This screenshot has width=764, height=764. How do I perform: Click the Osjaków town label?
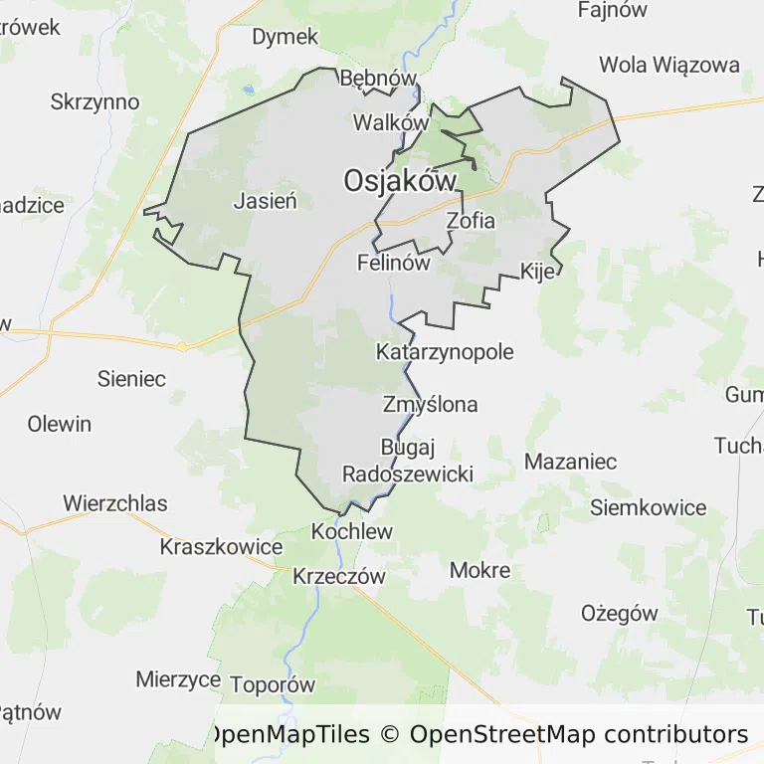point(400,181)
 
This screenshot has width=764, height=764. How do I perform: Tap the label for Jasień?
point(266,201)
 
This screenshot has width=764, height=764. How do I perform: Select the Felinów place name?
point(394,264)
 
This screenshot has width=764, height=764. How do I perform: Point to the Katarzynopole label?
point(445,352)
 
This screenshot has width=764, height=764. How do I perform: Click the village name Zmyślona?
point(430,405)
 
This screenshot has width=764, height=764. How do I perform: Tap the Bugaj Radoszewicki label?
point(408,461)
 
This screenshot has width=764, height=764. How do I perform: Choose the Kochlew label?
point(352,531)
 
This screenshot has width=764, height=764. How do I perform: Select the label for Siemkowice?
point(648,507)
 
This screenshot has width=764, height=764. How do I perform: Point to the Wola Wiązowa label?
point(669,66)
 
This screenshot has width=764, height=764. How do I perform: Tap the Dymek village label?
point(285,37)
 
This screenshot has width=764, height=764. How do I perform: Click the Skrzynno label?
point(95,102)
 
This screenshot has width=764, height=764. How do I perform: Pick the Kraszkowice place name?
point(221,547)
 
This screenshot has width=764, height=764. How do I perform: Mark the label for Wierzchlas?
point(115,503)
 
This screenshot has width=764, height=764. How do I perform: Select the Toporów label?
point(273,684)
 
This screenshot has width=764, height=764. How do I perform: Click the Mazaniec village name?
point(570,462)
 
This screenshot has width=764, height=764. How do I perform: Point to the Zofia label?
point(471,221)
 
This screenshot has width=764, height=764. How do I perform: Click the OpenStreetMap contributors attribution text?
point(579,735)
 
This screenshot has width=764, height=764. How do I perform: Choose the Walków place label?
point(391,123)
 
